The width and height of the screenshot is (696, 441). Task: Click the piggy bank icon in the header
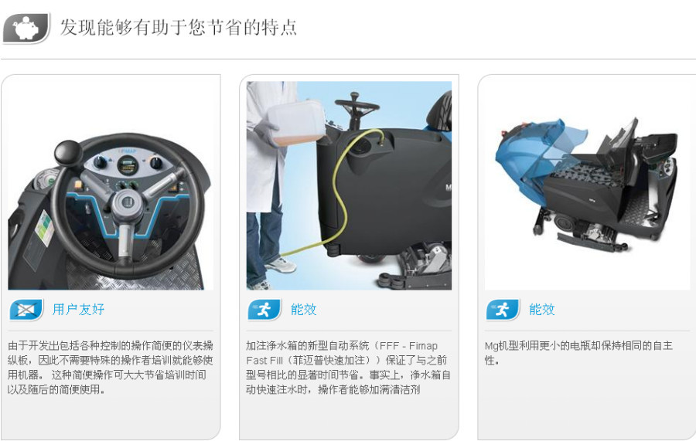tap(26, 29)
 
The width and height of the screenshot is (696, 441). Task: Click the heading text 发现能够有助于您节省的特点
tap(178, 27)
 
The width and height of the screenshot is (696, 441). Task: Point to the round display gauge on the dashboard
tap(128, 166)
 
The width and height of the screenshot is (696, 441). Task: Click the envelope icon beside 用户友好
tap(26, 310)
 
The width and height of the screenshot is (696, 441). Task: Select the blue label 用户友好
tap(79, 310)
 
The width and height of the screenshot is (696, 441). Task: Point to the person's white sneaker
tap(280, 265)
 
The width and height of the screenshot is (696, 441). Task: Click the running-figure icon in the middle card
tap(264, 310)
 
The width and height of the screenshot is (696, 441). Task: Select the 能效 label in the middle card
tap(304, 310)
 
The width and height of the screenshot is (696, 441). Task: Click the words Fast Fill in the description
tap(264, 361)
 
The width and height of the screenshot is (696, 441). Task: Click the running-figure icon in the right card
tap(503, 310)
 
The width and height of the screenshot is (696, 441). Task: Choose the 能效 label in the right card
tap(542, 310)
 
